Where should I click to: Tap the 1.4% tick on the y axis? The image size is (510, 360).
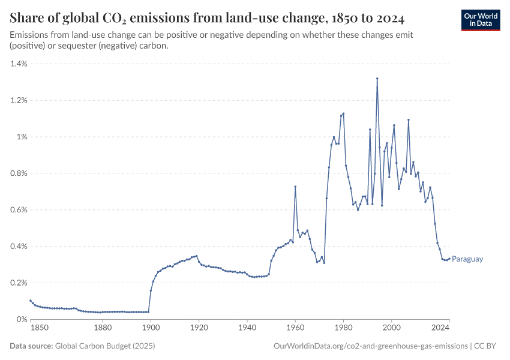click(18, 64)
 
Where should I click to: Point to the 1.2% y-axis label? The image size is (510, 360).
click(18, 100)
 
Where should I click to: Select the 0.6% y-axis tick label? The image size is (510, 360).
click(18, 210)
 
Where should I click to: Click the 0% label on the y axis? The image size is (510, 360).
click(22, 319)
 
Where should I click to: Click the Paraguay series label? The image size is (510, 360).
click(467, 259)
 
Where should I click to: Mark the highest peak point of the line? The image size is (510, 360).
click(377, 78)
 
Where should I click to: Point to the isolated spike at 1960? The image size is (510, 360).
click(295, 187)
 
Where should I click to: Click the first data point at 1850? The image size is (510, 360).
click(31, 301)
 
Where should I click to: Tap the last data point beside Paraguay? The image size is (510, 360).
click(449, 259)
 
